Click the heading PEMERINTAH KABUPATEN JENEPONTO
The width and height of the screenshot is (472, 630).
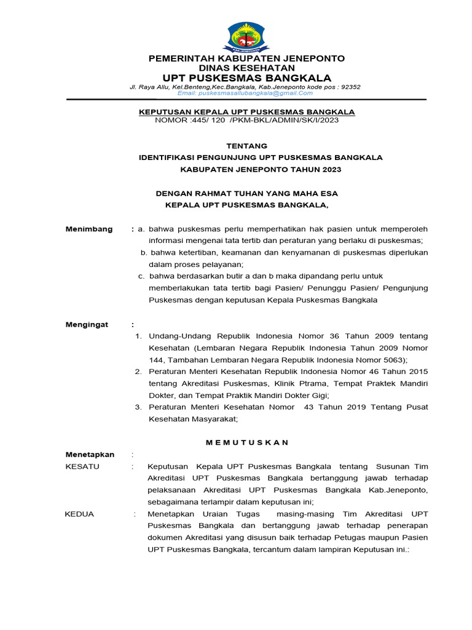(246, 58)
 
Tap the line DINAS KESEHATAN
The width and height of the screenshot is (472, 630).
(246, 68)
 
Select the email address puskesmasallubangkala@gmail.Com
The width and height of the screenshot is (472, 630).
(245, 93)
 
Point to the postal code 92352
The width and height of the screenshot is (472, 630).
(350, 87)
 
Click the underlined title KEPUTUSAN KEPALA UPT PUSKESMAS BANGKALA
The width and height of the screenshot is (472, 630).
(246, 111)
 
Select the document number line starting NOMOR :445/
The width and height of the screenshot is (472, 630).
(246, 120)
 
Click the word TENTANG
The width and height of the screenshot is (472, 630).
(247, 146)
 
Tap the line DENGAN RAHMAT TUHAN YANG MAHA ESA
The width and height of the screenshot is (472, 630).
(246, 194)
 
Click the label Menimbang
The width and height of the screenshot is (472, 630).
(89, 229)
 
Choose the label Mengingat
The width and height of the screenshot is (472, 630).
(88, 324)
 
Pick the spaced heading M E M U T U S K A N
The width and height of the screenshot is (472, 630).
(247, 442)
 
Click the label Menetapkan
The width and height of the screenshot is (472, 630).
(90, 454)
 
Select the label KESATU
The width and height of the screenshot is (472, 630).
(82, 466)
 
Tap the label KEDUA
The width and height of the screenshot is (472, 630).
(79, 514)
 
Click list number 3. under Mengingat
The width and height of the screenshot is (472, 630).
(138, 407)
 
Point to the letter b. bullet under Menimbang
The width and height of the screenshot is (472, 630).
(143, 252)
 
